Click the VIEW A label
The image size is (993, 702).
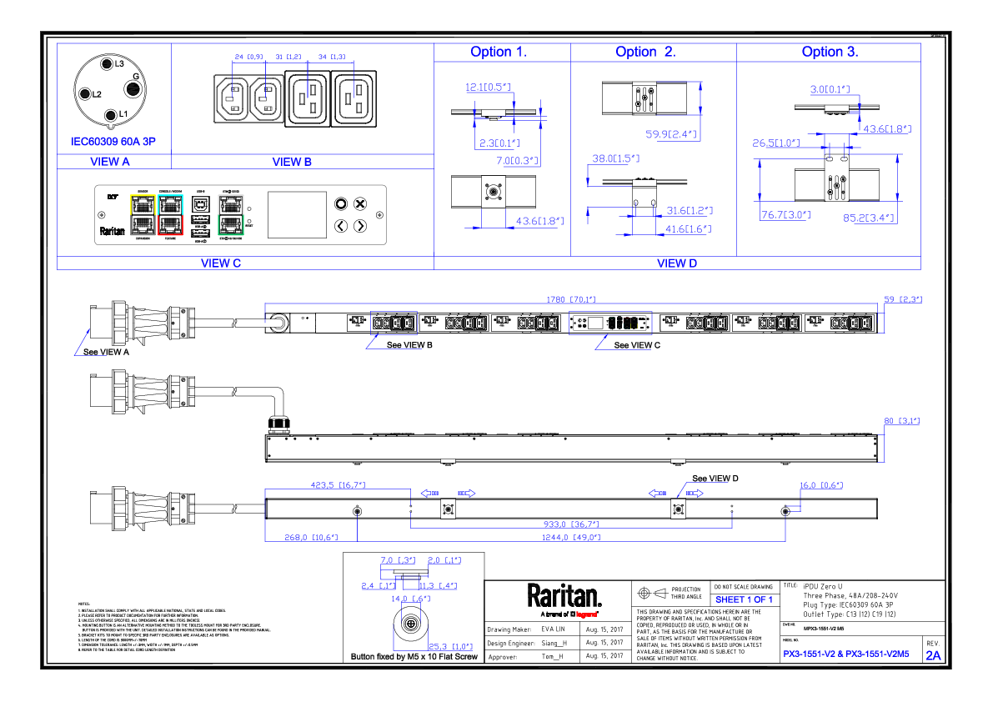click(110, 162)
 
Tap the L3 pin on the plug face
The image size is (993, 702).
click(107, 64)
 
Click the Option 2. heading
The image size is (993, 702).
click(645, 52)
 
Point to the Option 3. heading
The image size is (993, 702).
click(830, 52)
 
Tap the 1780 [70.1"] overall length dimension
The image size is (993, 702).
click(571, 299)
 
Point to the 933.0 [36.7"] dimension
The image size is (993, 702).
click(571, 524)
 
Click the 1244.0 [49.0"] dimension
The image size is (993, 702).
click(571, 538)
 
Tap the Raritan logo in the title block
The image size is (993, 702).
click(564, 596)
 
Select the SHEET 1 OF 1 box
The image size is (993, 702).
click(744, 599)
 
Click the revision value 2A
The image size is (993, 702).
click(933, 655)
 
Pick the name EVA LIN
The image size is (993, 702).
click(554, 629)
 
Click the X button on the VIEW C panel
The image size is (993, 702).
click(360, 203)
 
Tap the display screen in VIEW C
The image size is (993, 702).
click(297, 214)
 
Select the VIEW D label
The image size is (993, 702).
click(676, 263)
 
